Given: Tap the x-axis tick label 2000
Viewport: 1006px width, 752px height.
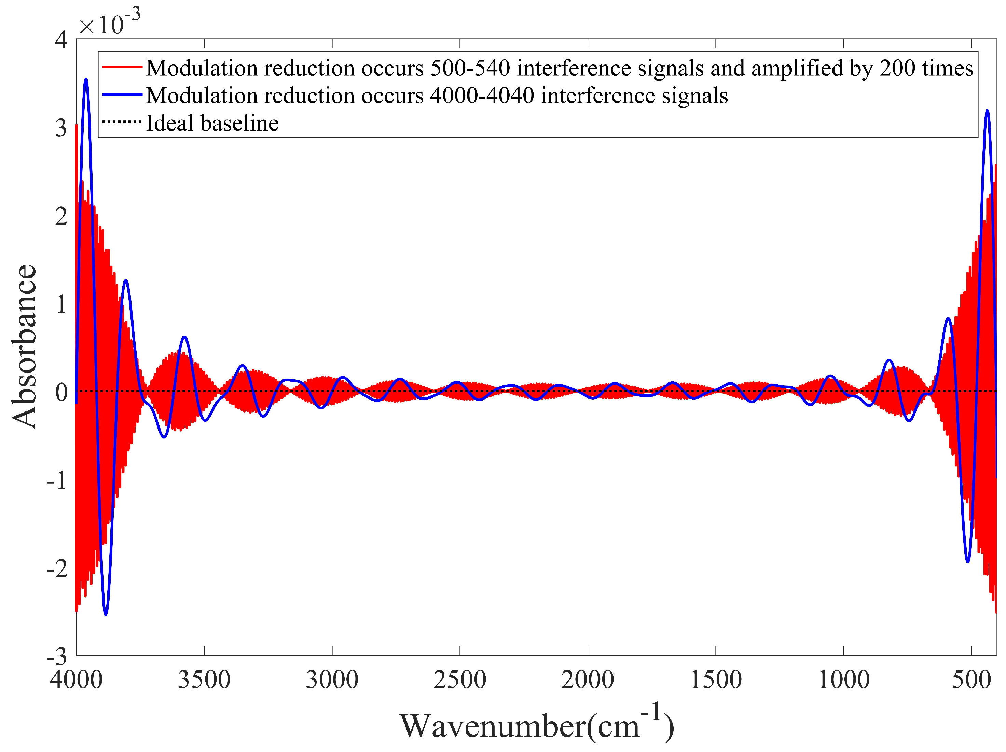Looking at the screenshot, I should [x=588, y=680].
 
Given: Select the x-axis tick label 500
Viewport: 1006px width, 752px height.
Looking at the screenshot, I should [x=971, y=680].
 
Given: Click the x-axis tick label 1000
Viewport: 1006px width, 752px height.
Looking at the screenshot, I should [x=844, y=680].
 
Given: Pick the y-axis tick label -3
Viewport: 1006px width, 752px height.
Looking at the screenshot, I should [x=57, y=656].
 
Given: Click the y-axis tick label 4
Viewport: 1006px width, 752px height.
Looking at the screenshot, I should [x=61, y=40].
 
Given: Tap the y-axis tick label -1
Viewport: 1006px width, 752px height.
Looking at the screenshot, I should [x=57, y=480].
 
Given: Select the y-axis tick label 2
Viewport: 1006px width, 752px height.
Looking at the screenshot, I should [x=61, y=216].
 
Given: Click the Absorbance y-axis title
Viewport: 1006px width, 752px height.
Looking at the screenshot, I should [x=24, y=346].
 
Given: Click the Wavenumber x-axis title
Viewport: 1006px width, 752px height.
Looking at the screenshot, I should [x=537, y=726].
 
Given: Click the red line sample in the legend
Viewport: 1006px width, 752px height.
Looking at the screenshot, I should [x=122, y=67].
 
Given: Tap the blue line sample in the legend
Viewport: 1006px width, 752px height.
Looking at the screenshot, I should [x=122, y=95].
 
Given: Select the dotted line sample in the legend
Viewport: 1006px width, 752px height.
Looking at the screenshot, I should [x=122, y=122].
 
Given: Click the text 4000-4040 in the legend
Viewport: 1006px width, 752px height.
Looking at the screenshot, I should [x=482, y=96].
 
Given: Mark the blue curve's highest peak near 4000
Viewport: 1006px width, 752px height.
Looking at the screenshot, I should [x=86, y=79].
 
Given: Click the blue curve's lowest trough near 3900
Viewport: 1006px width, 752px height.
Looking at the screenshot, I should [x=106, y=614].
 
